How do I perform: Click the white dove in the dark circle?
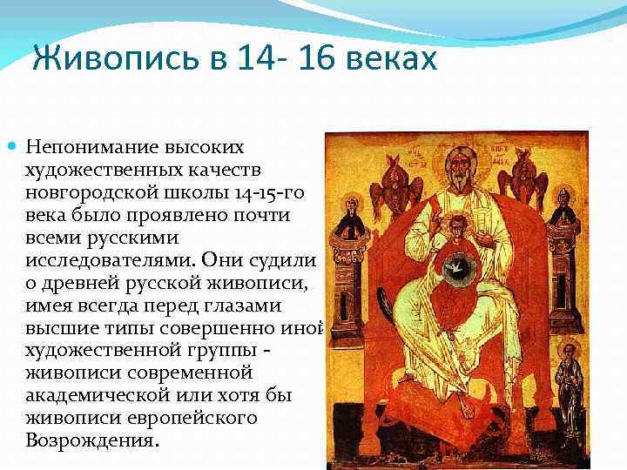(x=455, y=265)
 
